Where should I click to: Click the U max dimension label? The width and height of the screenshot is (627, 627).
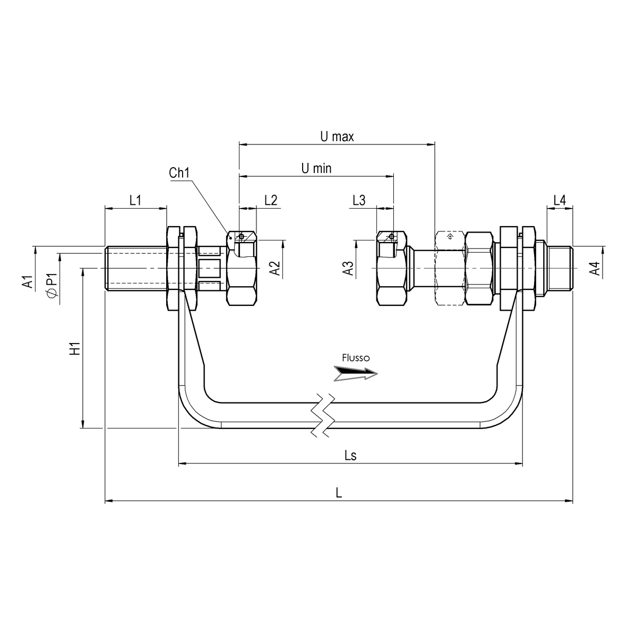click(x=337, y=136)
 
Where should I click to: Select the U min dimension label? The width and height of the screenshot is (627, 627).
click(x=316, y=169)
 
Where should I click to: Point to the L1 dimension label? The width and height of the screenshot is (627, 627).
click(x=135, y=200)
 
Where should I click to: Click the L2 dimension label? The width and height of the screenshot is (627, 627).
click(x=270, y=200)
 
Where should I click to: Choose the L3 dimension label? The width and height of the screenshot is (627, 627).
click(x=359, y=200)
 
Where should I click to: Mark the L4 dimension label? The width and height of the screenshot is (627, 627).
click(x=560, y=200)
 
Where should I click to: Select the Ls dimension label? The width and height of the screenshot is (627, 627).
click(x=350, y=456)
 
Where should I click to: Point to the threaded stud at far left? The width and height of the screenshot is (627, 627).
click(x=135, y=268)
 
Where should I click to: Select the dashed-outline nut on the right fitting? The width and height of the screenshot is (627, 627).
click(x=449, y=268)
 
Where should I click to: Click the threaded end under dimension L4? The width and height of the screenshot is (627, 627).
click(x=560, y=268)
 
